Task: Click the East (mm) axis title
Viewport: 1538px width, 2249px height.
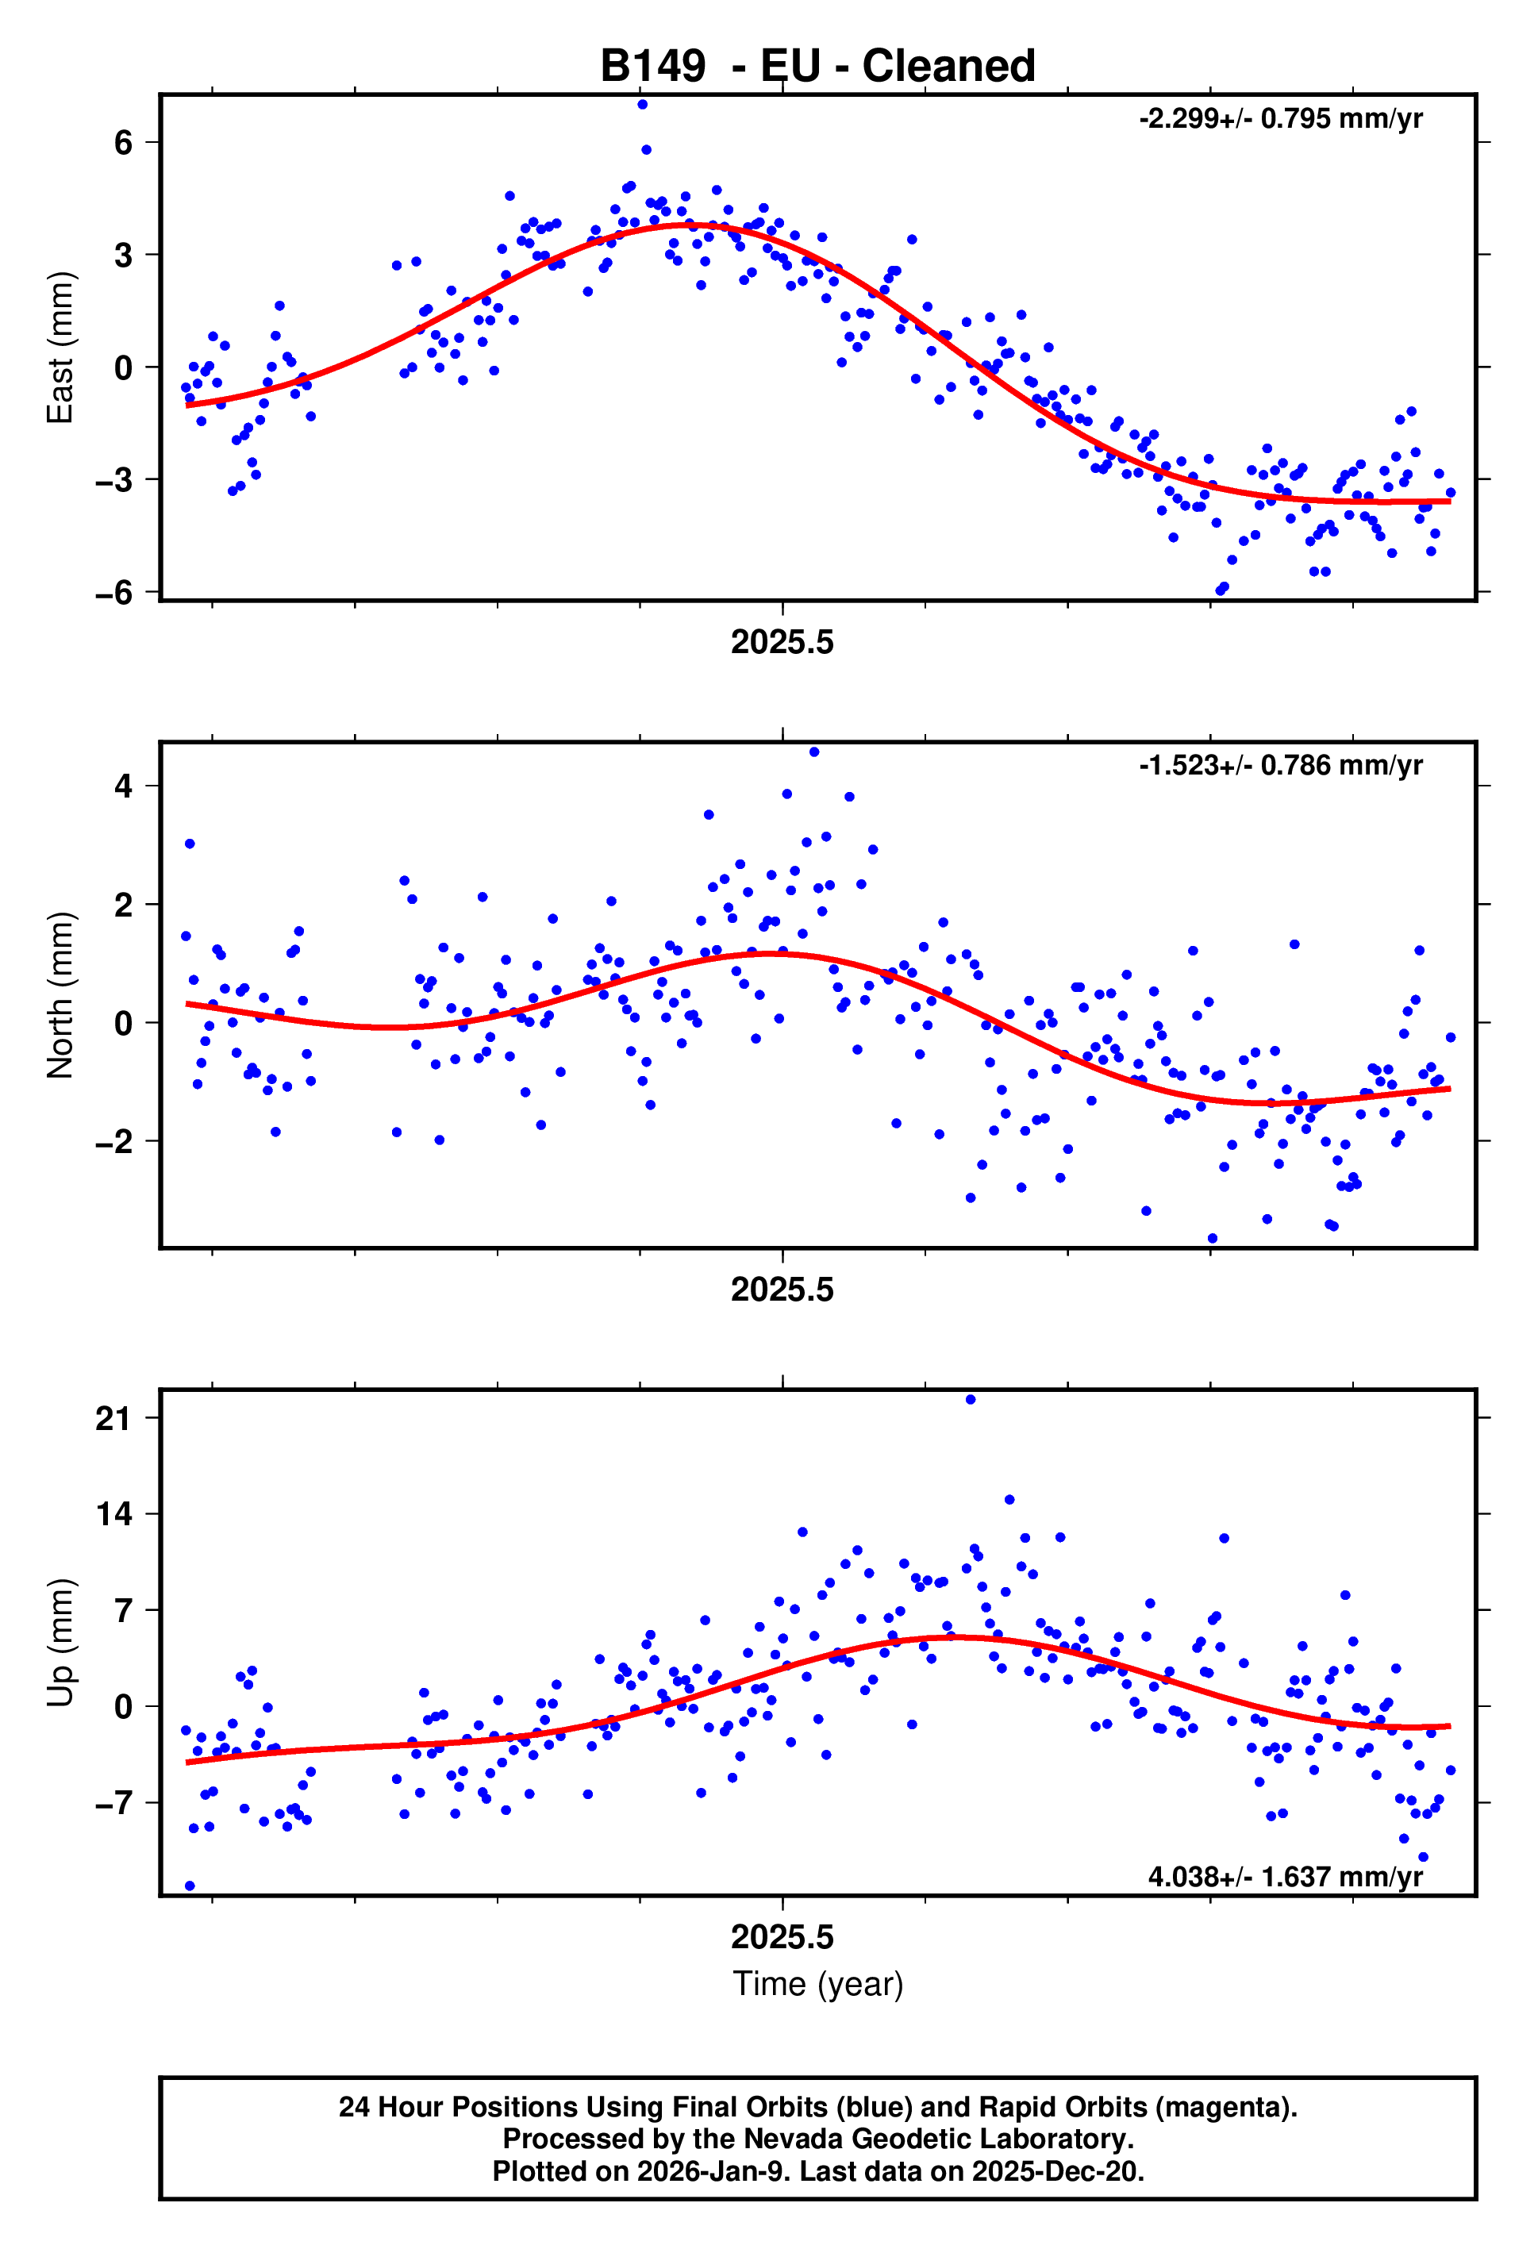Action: pyautogui.click(x=60, y=348)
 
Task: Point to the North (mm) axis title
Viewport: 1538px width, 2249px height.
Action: pyautogui.click(x=60, y=995)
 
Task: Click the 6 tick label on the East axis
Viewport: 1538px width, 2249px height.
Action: pyautogui.click(x=123, y=143)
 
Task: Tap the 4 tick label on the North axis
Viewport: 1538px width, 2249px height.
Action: pyautogui.click(x=123, y=786)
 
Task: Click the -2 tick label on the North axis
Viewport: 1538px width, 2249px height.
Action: pyautogui.click(x=114, y=1142)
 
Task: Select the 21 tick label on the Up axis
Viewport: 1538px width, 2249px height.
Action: pyautogui.click(x=113, y=1419)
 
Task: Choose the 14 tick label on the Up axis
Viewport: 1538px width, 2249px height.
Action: pyautogui.click(x=113, y=1514)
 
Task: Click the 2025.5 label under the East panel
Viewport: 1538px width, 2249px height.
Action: pyautogui.click(x=782, y=643)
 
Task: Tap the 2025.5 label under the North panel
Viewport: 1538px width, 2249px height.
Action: pyautogui.click(x=782, y=1290)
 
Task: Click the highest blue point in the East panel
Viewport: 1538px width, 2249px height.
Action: pyautogui.click(x=643, y=105)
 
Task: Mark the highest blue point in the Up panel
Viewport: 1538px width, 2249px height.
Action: pyautogui.click(x=971, y=1399)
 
